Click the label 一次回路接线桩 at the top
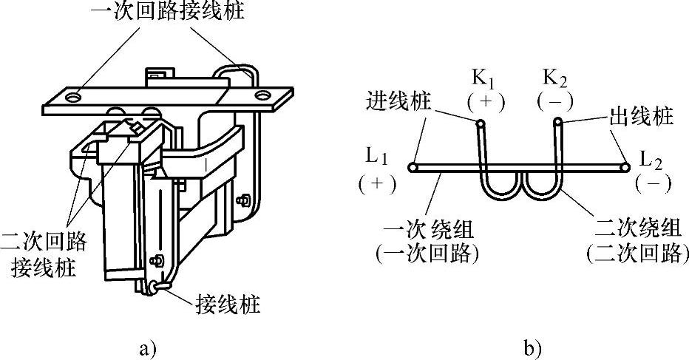pos(169,13)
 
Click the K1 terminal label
pos(484,77)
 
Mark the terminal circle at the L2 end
pos(625,168)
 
